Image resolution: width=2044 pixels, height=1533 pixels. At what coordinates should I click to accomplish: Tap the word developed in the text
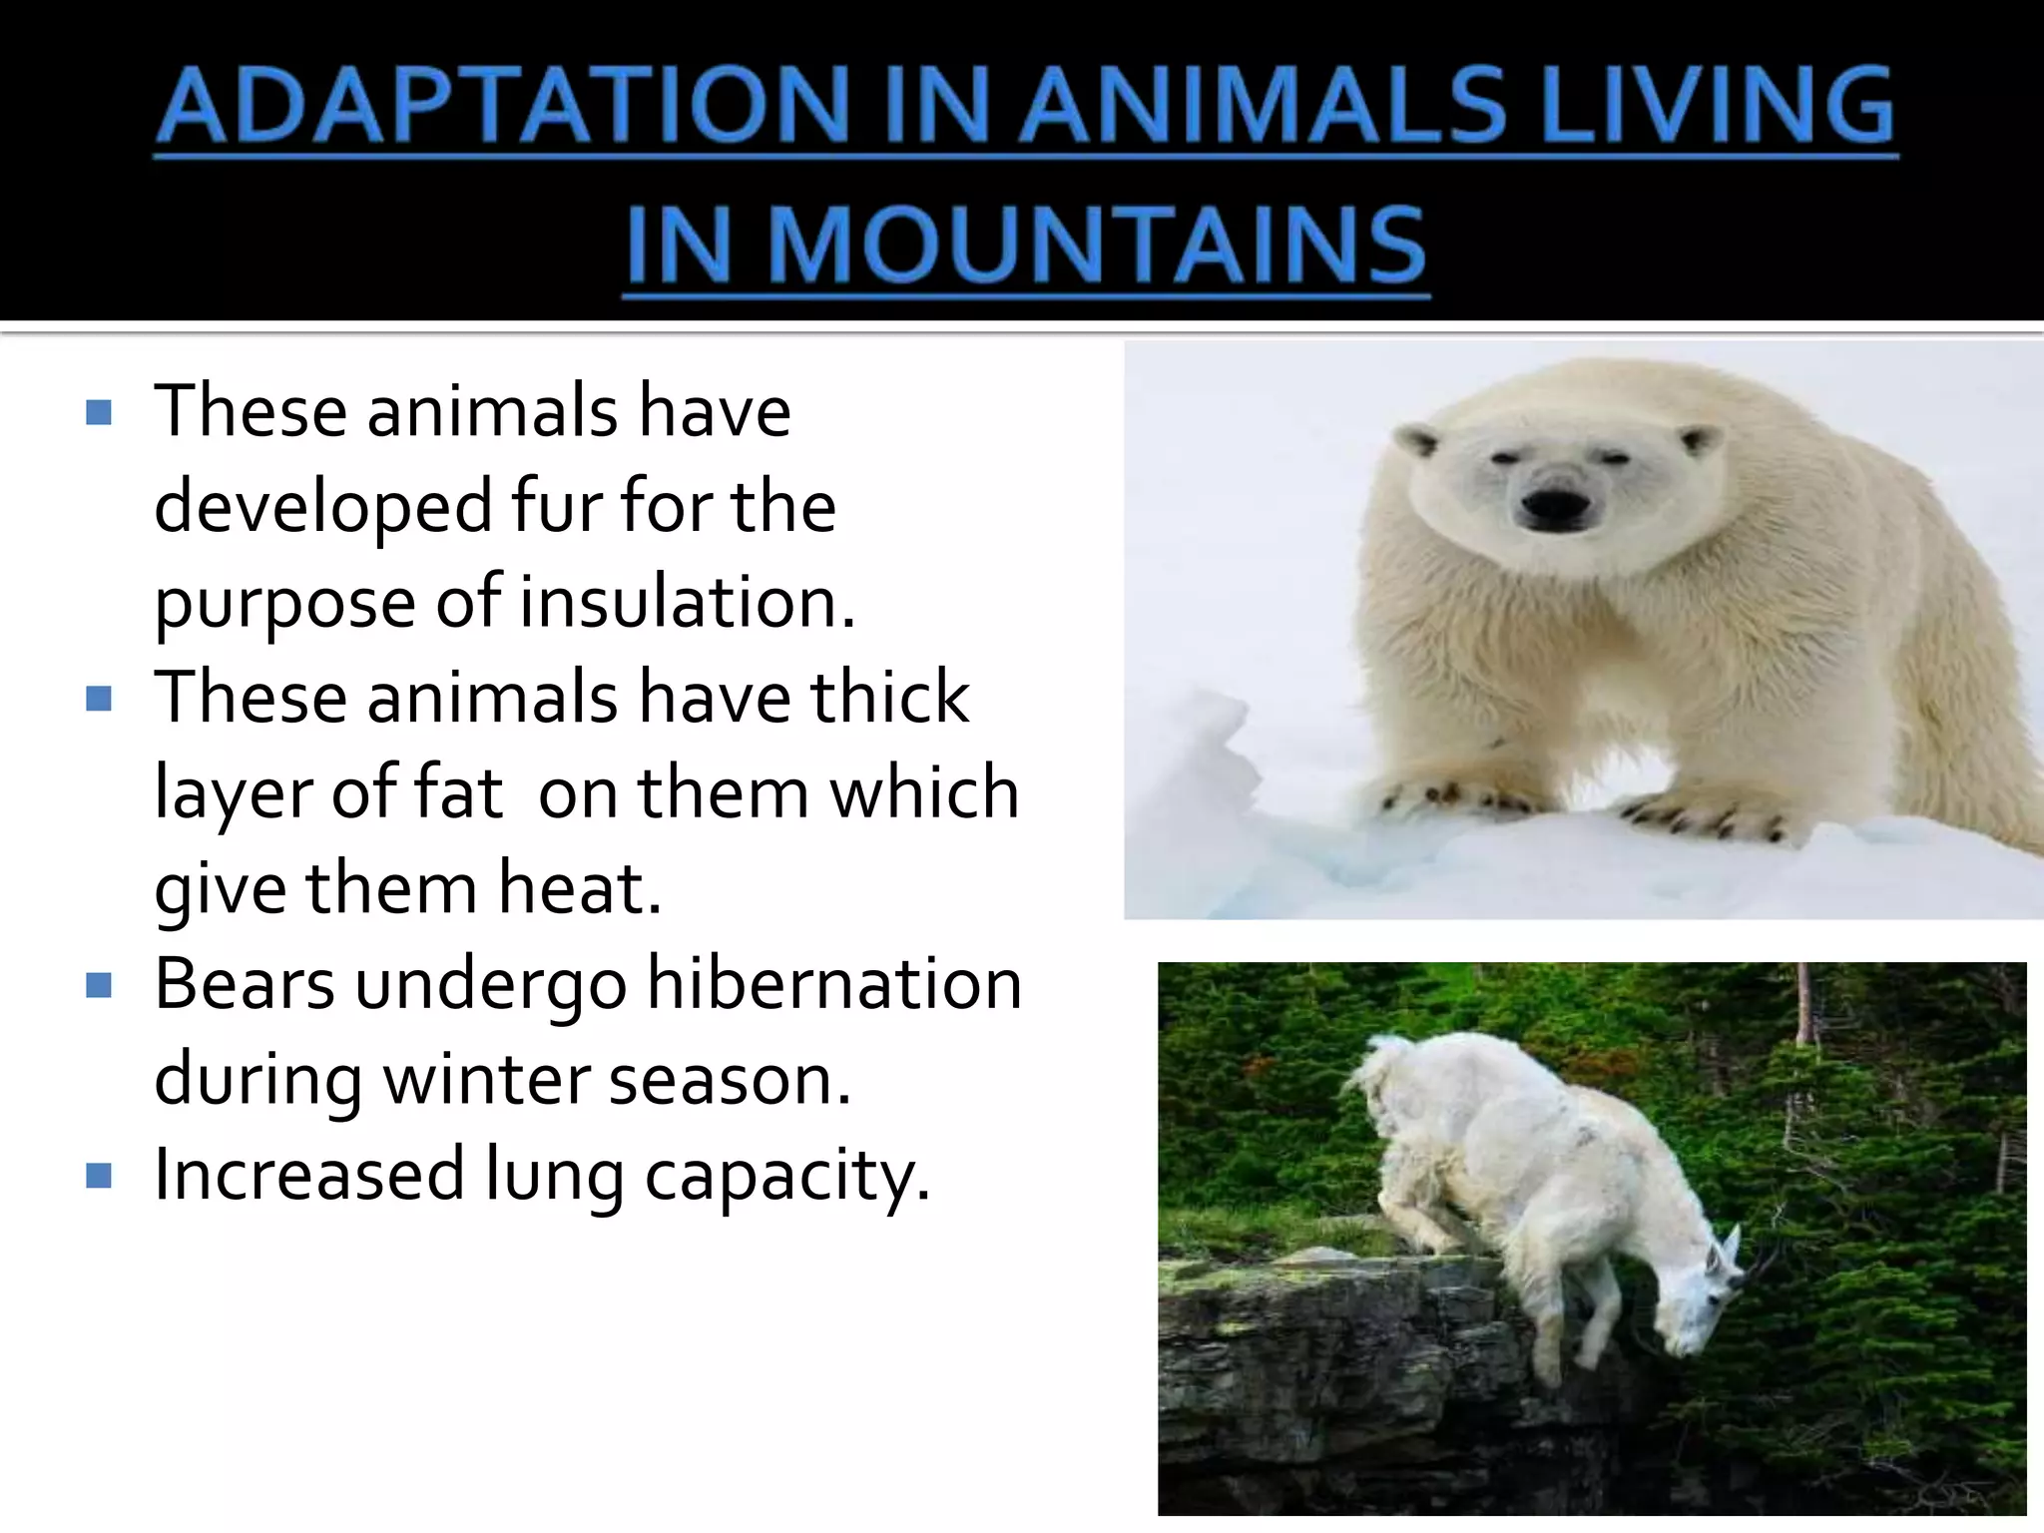323,507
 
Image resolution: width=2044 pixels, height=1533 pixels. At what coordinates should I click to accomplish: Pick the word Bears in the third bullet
245,984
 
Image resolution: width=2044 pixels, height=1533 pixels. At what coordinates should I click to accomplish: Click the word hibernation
834,984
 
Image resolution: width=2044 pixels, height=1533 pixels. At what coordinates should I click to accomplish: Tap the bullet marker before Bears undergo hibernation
99,986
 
